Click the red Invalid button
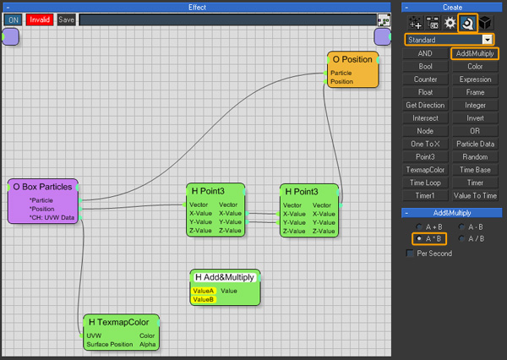pyautogui.click(x=40, y=19)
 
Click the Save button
pyautogui.click(x=66, y=19)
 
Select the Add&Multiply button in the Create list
pyautogui.click(x=475, y=53)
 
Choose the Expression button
pyautogui.click(x=475, y=79)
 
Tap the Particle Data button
pyautogui.click(x=475, y=144)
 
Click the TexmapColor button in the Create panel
pyautogui.click(x=425, y=170)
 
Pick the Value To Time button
pyautogui.click(x=475, y=196)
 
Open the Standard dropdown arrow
pyautogui.click(x=488, y=40)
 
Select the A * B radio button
pyautogui.click(x=419, y=238)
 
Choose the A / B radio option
pyautogui.click(x=461, y=238)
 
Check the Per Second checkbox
pyautogui.click(x=410, y=254)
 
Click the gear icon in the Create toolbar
pyautogui.click(x=450, y=23)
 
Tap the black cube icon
pyautogui.click(x=485, y=23)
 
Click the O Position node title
pyautogui.click(x=352, y=59)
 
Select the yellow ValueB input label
pyautogui.click(x=203, y=299)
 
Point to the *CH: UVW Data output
pyautogui.click(x=52, y=217)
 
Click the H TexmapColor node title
pyautogui.click(x=118, y=322)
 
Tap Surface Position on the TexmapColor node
pyautogui.click(x=110, y=344)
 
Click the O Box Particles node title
pyautogui.click(x=42, y=187)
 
